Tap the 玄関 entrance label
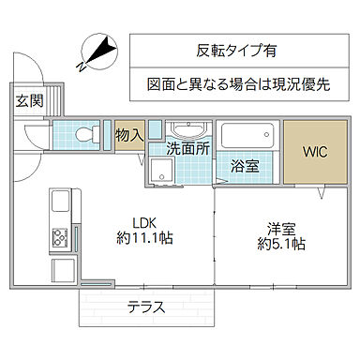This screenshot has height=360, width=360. pos(27,101)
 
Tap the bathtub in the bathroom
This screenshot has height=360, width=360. pos(249,136)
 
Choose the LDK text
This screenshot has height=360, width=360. pos(142,222)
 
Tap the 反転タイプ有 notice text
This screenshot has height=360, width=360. pos(237,51)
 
